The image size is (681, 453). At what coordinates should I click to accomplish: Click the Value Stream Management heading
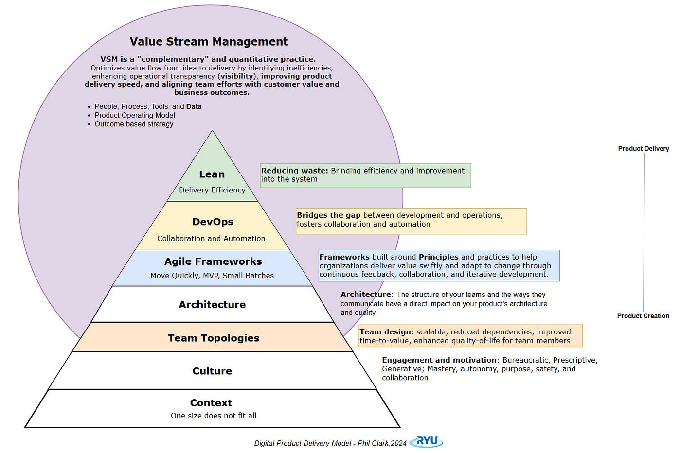pos(209,42)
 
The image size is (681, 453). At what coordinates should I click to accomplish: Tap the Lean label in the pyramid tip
pos(212,174)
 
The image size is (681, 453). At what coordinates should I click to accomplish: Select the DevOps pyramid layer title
pos(213,222)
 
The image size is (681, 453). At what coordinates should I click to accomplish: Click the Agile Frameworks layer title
pos(213,261)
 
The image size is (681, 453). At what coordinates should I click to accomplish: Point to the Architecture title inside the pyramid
pos(212,305)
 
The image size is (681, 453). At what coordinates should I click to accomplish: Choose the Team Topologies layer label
pos(214,338)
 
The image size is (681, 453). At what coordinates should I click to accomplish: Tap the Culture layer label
pos(212,371)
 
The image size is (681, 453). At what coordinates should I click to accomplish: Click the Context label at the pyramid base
pos(211,403)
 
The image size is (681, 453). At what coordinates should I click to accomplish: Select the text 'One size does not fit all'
pos(214,416)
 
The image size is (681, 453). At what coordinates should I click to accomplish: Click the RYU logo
pos(427,441)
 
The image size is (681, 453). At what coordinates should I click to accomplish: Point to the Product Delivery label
pos(644,148)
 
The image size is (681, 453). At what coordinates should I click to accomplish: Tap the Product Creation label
pos(643,316)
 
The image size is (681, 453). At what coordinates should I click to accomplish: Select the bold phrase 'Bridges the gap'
pos(329,215)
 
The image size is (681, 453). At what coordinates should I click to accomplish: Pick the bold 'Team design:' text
pos(387,332)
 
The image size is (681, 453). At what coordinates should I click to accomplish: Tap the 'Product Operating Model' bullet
pos(135,115)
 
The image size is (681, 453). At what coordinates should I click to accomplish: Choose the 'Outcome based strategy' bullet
pos(134,124)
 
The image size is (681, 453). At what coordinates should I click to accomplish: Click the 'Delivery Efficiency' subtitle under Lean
pos(212,190)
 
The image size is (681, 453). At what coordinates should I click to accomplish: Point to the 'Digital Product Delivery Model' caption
pos(303,443)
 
